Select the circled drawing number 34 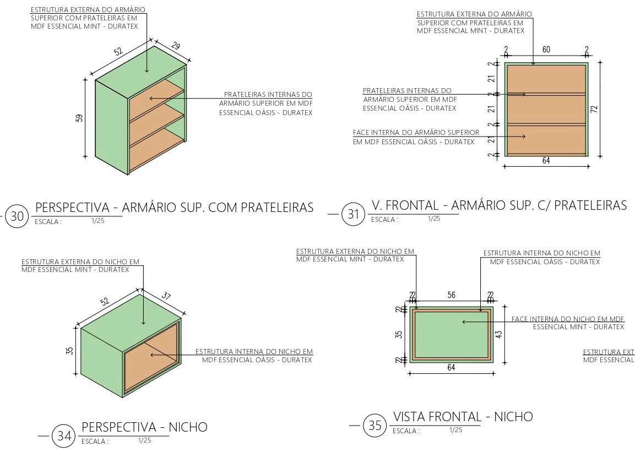[64, 436]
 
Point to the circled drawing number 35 [375, 426]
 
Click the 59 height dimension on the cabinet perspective [79, 118]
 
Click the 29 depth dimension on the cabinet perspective [175, 46]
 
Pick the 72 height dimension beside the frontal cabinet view [594, 109]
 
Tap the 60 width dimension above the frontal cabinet [546, 50]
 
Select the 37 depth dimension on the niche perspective [166, 296]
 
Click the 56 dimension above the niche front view [451, 295]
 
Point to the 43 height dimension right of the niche [498, 334]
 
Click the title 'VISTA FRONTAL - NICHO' [463, 417]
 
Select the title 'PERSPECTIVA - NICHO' [144, 427]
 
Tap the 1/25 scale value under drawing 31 [434, 219]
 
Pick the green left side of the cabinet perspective [111, 127]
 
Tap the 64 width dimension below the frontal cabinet [546, 161]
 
